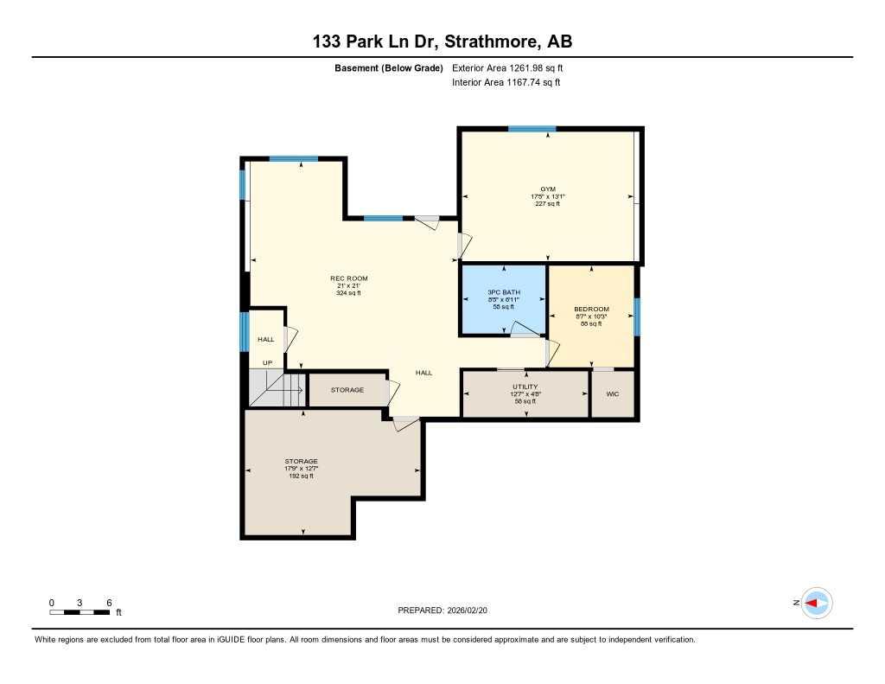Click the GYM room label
548,189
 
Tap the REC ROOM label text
348,278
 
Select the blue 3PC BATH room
503,299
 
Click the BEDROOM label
591,310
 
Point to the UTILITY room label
525,387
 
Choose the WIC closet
613,393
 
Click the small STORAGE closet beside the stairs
347,390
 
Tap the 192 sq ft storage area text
301,476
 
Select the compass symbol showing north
816,603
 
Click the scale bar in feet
80,612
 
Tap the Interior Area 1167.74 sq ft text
506,83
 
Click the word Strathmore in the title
493,42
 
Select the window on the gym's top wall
532,130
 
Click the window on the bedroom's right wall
637,316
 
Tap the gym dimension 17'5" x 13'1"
548,196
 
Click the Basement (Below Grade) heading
388,67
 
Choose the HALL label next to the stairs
266,339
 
